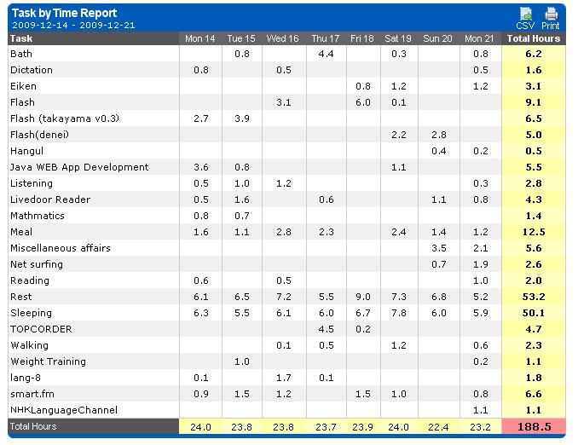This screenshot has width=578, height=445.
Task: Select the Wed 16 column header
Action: click(x=282, y=38)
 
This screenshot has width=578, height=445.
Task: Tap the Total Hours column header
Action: click(x=534, y=38)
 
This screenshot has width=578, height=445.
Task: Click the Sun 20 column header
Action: click(x=437, y=38)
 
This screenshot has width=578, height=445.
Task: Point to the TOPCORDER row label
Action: click(x=41, y=329)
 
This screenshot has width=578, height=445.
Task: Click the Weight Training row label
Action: click(x=48, y=361)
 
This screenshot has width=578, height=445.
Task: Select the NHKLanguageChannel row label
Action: click(x=64, y=410)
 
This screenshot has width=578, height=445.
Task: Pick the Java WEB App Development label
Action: click(x=79, y=167)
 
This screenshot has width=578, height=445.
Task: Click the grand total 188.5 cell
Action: click(x=534, y=426)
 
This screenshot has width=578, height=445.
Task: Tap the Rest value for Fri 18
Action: click(x=362, y=297)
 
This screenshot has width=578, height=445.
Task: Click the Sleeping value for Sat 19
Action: click(x=398, y=313)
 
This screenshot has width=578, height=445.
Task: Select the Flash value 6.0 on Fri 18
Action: click(x=362, y=102)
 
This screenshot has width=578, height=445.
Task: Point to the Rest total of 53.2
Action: click(x=534, y=297)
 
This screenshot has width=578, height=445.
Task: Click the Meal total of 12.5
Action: click(x=534, y=232)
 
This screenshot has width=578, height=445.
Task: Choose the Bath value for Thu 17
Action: click(x=325, y=54)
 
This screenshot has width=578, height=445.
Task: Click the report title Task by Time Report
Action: click(x=58, y=13)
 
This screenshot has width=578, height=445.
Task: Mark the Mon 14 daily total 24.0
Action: click(x=201, y=426)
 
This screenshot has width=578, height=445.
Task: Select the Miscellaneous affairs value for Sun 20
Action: click(x=439, y=248)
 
